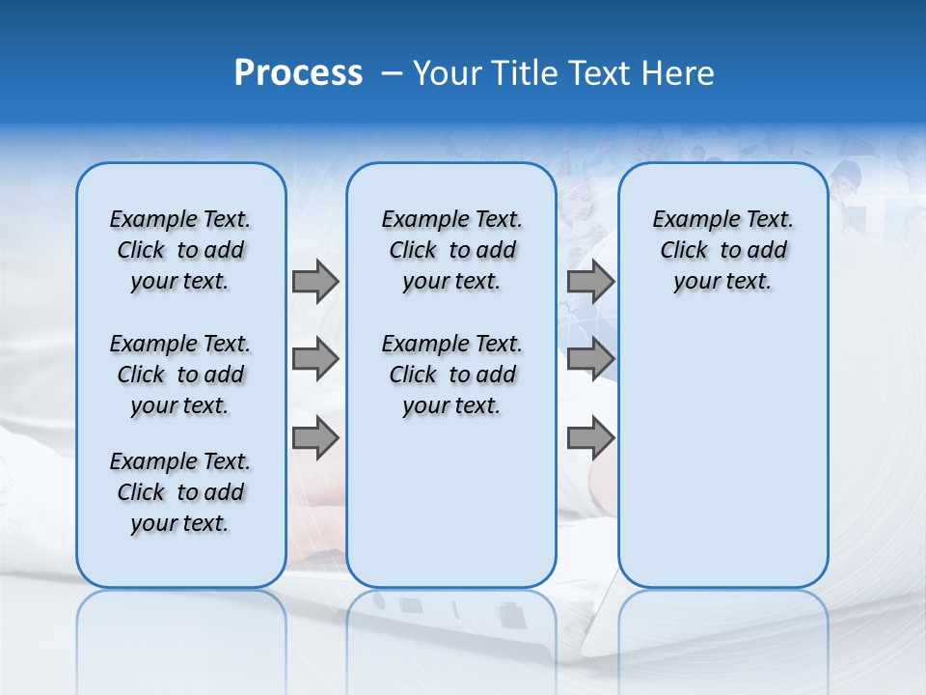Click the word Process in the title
click(x=298, y=72)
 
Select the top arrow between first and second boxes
click(x=315, y=281)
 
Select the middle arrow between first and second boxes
click(x=315, y=360)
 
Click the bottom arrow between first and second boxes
click(x=315, y=438)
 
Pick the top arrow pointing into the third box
click(x=590, y=281)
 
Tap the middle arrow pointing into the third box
click(x=590, y=360)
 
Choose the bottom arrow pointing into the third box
click(x=590, y=438)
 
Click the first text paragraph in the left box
click(x=180, y=250)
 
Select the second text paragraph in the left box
click(x=180, y=375)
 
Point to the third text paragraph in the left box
click(x=180, y=492)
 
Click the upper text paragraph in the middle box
click(x=451, y=250)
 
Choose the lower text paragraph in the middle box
click(x=451, y=375)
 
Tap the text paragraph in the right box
click(x=722, y=250)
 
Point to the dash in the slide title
click(x=392, y=72)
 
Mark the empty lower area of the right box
click(x=722, y=454)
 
